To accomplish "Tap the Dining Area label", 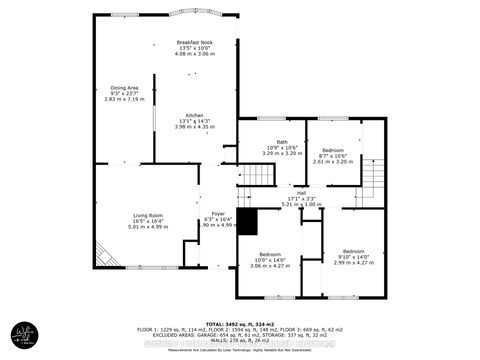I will coord(125,88).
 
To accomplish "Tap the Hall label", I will coord(301,192).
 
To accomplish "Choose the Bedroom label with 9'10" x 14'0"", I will coord(355,251).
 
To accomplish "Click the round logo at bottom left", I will coord(24,333).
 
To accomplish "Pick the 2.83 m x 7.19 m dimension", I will coord(125,100).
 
